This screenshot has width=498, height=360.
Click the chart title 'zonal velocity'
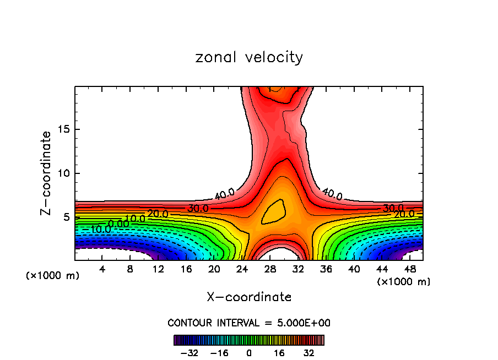click(x=249, y=57)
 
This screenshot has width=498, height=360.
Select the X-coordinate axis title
click(x=249, y=297)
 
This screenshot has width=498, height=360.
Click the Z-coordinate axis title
click(x=46, y=173)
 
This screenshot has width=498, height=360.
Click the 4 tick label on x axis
click(x=102, y=269)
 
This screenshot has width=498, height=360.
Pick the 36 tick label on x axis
click(x=326, y=269)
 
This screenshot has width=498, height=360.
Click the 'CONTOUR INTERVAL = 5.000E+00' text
click(x=249, y=323)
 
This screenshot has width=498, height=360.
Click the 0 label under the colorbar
click(x=249, y=352)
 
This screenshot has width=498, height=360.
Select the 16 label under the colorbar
click(x=279, y=352)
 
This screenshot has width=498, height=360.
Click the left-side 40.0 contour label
click(x=224, y=194)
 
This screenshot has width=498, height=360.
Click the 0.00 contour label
click(x=118, y=223)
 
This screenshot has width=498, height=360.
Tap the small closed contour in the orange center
click(x=274, y=211)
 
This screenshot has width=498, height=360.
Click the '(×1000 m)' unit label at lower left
click(x=53, y=276)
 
